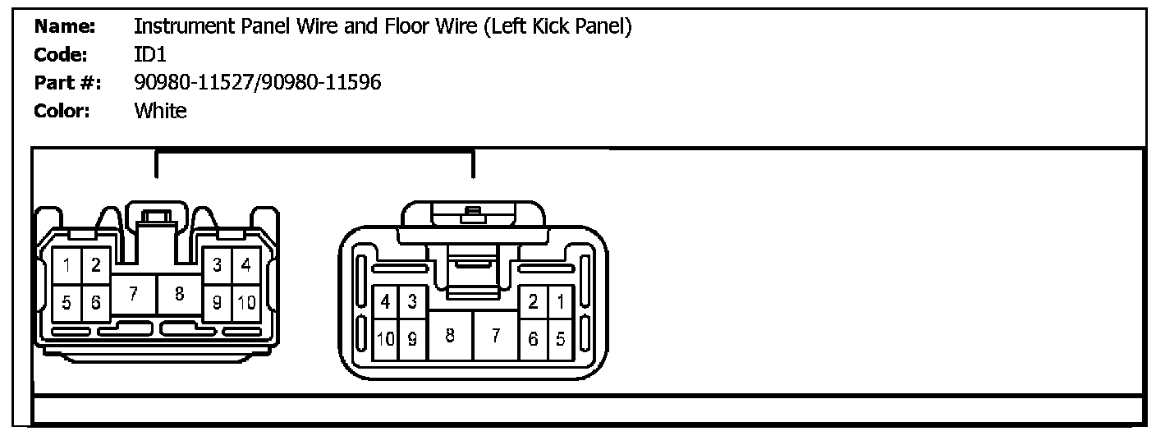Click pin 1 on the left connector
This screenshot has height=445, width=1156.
pyautogui.click(x=67, y=266)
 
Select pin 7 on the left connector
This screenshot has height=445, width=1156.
pyautogui.click(x=134, y=294)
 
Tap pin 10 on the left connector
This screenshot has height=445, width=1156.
pyautogui.click(x=246, y=302)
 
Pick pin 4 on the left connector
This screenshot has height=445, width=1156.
pyautogui.click(x=246, y=266)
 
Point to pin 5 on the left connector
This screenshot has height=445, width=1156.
pyautogui.click(x=67, y=303)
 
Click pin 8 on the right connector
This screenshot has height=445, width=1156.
pyautogui.click(x=450, y=336)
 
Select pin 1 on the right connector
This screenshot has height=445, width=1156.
pyautogui.click(x=561, y=301)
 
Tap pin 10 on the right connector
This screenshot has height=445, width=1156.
pyautogui.click(x=386, y=339)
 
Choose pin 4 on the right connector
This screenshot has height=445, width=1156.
pyautogui.click(x=386, y=301)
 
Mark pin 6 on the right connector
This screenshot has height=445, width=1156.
pyautogui.click(x=533, y=339)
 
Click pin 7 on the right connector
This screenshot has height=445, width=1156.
pyautogui.click(x=495, y=336)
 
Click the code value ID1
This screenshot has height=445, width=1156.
pyautogui.click(x=149, y=54)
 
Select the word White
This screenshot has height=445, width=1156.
pyautogui.click(x=160, y=111)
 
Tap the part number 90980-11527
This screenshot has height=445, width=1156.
pyautogui.click(x=195, y=82)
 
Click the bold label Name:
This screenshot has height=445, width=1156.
pyautogui.click(x=65, y=26)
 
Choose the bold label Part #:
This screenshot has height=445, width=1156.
pyautogui.click(x=67, y=83)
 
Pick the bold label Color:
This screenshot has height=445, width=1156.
pyautogui.click(x=62, y=111)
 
